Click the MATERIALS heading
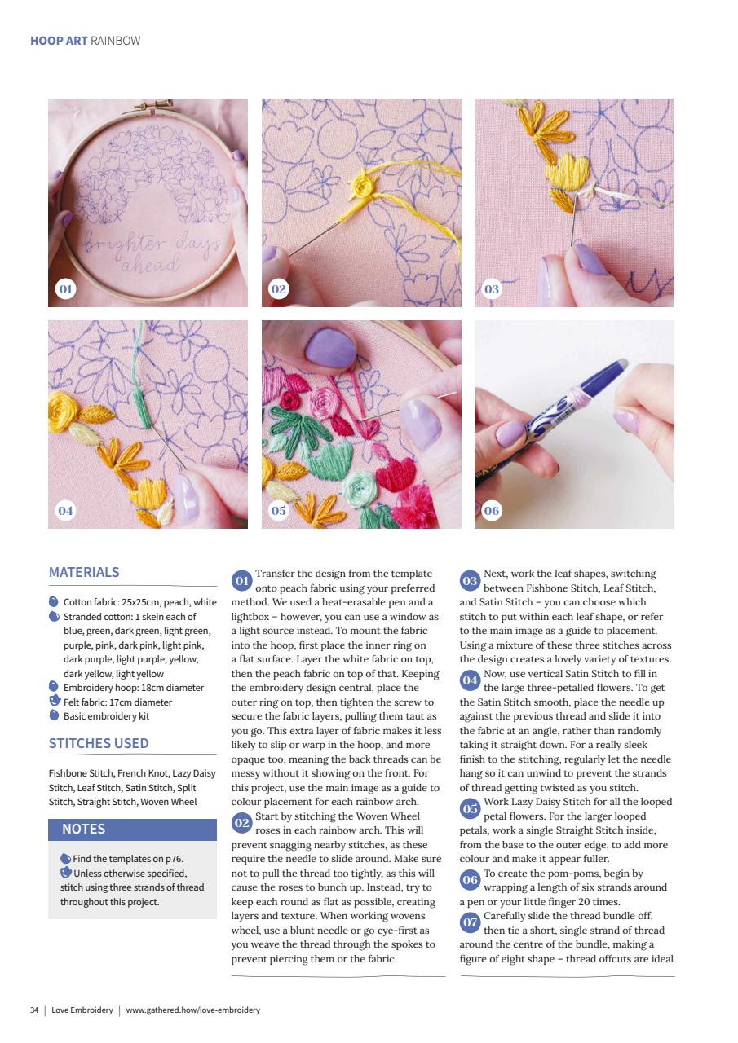pyautogui.click(x=84, y=572)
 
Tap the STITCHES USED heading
pyautogui.click(x=99, y=743)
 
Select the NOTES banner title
pyautogui.click(x=84, y=829)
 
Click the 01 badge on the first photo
pyautogui.click(x=65, y=289)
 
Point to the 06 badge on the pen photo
pyautogui.click(x=491, y=511)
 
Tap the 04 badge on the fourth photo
pyautogui.click(x=65, y=511)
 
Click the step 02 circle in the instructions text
pyautogui.click(x=242, y=823)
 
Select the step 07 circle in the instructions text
pyautogui.click(x=470, y=922)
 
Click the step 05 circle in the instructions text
pyautogui.click(x=470, y=808)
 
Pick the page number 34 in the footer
pyautogui.click(x=34, y=1010)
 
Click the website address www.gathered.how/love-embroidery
pyautogui.click(x=193, y=1010)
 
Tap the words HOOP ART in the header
pyautogui.click(x=59, y=41)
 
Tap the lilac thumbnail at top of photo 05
pyautogui.click(x=330, y=348)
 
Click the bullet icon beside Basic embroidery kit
pyautogui.click(x=54, y=715)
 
